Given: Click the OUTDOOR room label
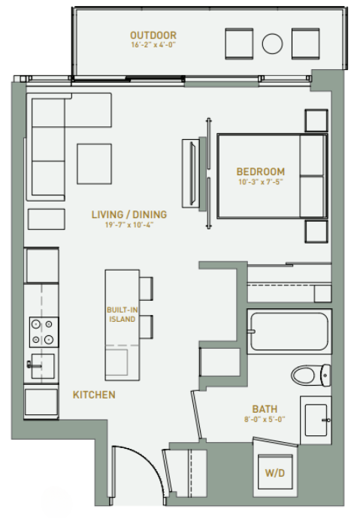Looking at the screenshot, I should (153, 35).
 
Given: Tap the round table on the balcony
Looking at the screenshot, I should (272, 43).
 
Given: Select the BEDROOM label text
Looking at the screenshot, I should (261, 171).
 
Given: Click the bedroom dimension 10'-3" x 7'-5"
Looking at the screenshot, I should (261, 182).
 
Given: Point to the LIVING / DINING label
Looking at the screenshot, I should (129, 215).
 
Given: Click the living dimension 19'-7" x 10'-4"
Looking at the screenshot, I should (129, 226).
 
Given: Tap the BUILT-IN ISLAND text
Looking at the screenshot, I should (121, 314).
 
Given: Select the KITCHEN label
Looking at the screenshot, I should (94, 395).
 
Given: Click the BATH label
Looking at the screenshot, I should (265, 409).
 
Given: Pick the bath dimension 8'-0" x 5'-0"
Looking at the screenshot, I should (265, 420).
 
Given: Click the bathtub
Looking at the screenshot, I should (289, 332).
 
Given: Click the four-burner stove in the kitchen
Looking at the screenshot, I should (42, 332).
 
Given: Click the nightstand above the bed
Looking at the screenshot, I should (316, 120).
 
